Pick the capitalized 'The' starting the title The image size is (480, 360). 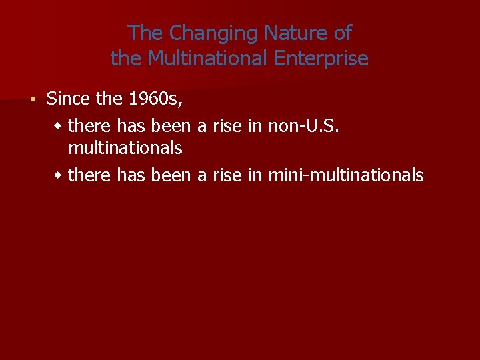coord(146,33)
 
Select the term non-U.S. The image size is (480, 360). coord(304,125)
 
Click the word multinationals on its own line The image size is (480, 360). coord(125,147)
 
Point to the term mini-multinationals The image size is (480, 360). coord(345,175)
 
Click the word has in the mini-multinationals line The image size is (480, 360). coord(131,175)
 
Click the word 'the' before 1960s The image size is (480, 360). coord(109,99)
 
